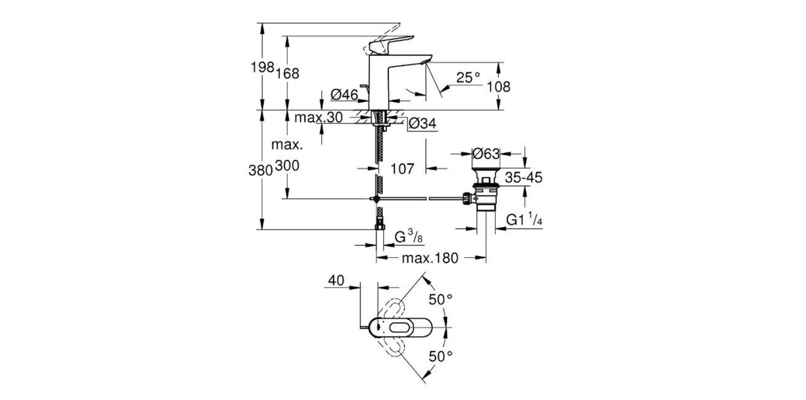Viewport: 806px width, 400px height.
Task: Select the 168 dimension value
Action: tap(287, 73)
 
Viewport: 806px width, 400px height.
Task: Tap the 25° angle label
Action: tap(468, 77)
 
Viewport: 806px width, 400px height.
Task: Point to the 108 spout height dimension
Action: tap(499, 87)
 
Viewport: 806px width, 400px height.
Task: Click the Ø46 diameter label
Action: tap(345, 94)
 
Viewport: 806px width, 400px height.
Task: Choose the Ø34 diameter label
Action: tap(422, 123)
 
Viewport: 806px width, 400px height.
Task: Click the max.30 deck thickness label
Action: tap(319, 117)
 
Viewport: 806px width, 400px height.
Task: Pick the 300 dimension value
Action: tap(287, 166)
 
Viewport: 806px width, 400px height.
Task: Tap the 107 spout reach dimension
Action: tap(402, 169)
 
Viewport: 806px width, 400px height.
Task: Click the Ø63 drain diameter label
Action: tap(487, 153)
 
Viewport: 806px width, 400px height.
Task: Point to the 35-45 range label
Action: tap(524, 177)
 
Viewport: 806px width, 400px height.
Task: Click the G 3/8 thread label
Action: tap(408, 237)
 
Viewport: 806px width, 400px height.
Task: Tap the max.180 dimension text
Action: tap(430, 258)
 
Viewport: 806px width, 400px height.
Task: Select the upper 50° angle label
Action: tap(441, 300)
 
